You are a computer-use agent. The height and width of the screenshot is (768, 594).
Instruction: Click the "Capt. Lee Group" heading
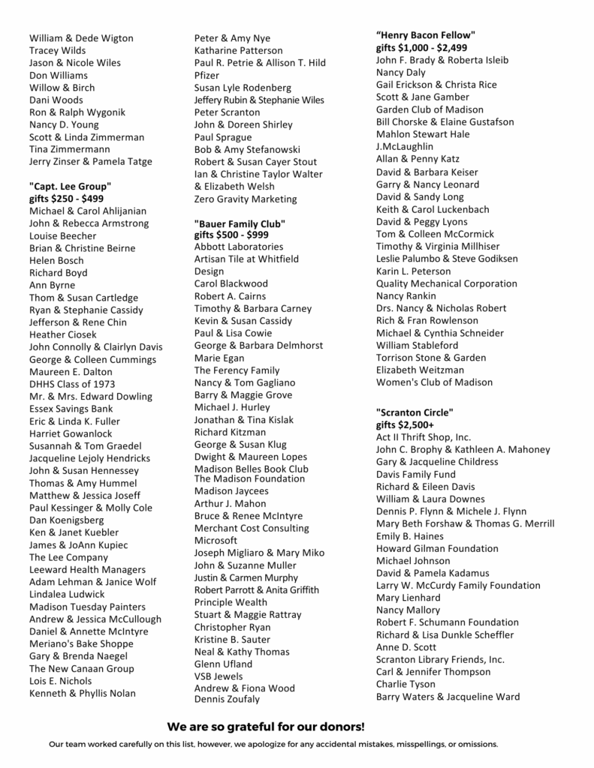[70, 186]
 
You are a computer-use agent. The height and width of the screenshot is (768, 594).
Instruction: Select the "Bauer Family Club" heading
[240, 223]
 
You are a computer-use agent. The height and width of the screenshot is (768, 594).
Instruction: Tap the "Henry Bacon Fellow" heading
[425, 34]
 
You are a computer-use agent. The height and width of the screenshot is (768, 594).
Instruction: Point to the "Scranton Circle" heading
[415, 412]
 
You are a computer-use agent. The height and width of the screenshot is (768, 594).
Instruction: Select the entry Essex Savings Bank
[71, 409]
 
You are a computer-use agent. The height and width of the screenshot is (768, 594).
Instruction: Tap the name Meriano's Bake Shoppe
[82, 643]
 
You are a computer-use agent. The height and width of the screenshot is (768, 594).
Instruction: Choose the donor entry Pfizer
[207, 75]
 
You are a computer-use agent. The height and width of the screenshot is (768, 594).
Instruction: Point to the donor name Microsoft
[216, 540]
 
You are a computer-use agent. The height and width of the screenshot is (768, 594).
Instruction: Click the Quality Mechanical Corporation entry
[446, 283]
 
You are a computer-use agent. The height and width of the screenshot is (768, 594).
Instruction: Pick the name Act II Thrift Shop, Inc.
[424, 436]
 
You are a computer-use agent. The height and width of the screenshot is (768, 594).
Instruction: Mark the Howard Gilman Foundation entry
[437, 548]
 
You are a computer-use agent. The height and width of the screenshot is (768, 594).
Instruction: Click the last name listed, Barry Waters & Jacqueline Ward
[448, 697]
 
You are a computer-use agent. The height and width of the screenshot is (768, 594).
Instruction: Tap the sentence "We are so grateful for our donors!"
[266, 727]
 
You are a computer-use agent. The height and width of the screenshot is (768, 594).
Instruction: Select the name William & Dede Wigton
[81, 38]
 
